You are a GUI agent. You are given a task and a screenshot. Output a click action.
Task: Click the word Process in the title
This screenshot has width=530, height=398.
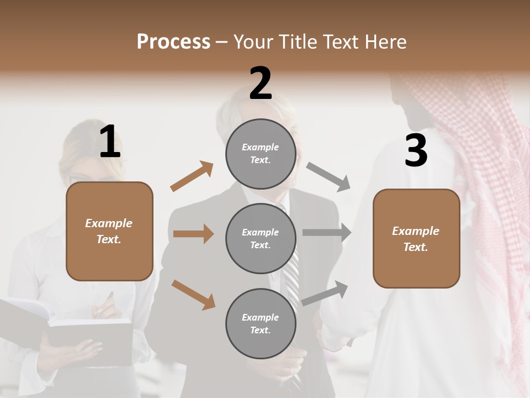click(173, 41)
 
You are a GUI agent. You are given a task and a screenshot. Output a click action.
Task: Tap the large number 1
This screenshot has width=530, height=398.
click(109, 142)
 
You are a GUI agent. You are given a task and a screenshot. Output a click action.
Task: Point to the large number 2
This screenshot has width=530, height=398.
click(260, 83)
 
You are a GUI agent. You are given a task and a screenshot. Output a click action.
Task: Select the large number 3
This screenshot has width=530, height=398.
click(416, 151)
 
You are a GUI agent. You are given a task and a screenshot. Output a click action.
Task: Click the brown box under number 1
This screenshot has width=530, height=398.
click(109, 231)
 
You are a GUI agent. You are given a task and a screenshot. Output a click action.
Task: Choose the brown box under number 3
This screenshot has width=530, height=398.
click(416, 239)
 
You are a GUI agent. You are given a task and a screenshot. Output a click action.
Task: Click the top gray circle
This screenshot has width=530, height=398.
click(261, 154)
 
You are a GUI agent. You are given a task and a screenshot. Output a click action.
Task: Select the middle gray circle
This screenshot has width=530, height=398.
click(261, 238)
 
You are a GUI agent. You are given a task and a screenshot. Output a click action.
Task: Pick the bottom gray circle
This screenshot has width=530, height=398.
click(261, 323)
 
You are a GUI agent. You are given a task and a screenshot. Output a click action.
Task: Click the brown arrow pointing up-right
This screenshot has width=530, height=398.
click(192, 176)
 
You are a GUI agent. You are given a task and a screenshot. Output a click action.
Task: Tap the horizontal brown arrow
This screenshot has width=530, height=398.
click(193, 234)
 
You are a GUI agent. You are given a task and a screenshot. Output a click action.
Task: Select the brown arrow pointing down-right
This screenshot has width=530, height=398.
click(193, 295)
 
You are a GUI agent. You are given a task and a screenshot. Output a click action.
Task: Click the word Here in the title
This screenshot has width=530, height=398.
click(386, 42)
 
